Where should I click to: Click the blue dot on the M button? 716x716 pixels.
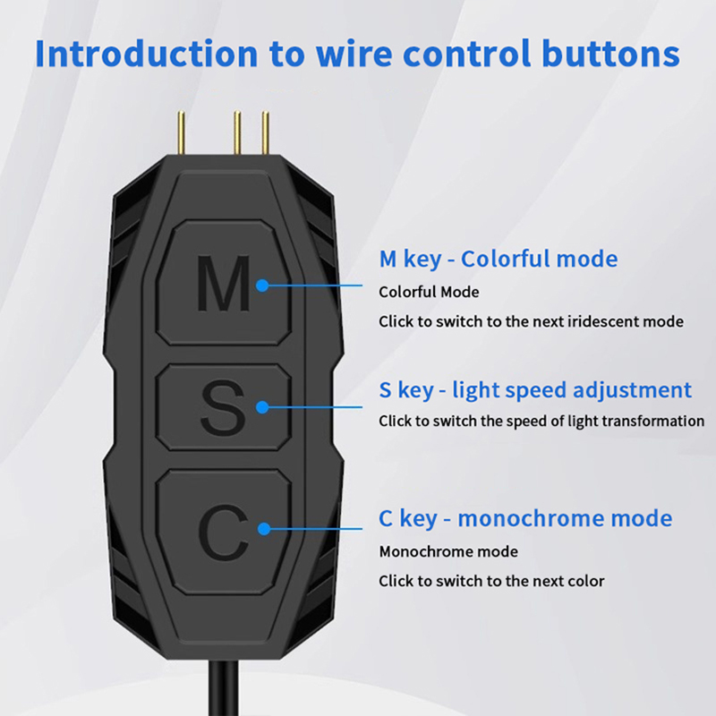pyautogui.click(x=263, y=286)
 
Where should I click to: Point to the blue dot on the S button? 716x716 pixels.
pyautogui.click(x=263, y=407)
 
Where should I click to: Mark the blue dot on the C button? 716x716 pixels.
pyautogui.click(x=263, y=528)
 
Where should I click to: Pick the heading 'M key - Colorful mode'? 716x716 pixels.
pyautogui.click(x=498, y=260)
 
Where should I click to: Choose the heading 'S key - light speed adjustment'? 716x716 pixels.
pyautogui.click(x=535, y=390)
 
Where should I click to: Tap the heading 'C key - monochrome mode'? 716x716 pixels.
pyautogui.click(x=525, y=518)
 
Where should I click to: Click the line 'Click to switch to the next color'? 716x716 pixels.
pyautogui.click(x=491, y=581)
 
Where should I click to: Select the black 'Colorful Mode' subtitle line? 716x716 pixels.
pyautogui.click(x=429, y=292)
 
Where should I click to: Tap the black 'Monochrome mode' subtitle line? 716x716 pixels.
pyautogui.click(x=448, y=551)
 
